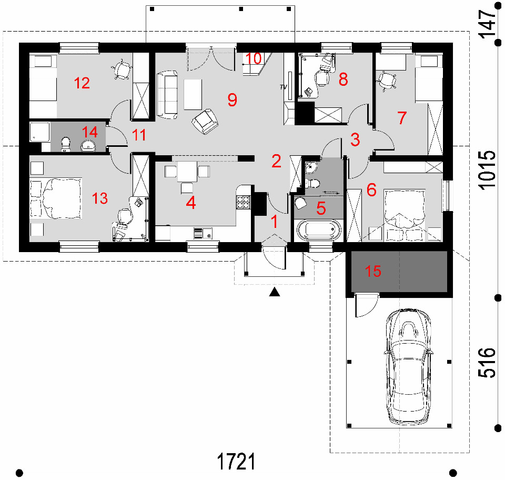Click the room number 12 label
click(82, 83)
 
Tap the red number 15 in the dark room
click(373, 271)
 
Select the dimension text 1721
click(236, 461)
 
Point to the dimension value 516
click(486, 362)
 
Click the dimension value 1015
click(486, 170)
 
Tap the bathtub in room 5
click(319, 230)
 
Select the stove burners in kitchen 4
click(244, 202)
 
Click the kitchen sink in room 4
click(203, 233)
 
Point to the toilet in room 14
click(66, 144)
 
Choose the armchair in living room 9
click(205, 121)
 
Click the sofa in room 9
click(167, 95)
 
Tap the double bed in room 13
click(56, 198)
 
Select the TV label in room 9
click(284, 87)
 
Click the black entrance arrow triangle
click(275, 292)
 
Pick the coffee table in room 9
click(193, 95)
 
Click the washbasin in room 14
click(88, 146)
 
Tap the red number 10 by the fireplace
click(254, 58)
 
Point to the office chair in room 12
click(122, 69)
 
